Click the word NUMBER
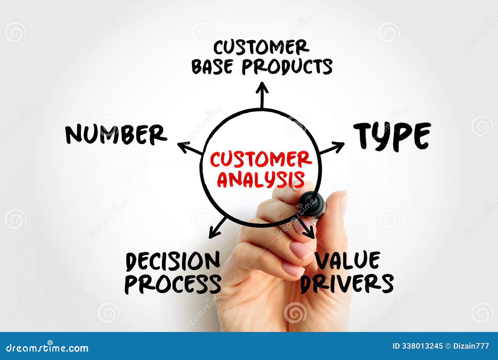[x=116, y=135]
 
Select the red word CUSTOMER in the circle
[x=261, y=159]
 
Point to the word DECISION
[x=173, y=262]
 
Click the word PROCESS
[x=173, y=284]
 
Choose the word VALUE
[x=347, y=261]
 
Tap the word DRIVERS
[x=347, y=283]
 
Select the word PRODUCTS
[x=287, y=66]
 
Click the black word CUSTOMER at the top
[x=261, y=48]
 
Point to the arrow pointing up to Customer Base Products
[x=262, y=93]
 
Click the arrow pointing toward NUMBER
[x=189, y=148]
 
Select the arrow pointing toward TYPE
[x=332, y=148]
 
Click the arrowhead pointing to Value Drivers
[x=310, y=232]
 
